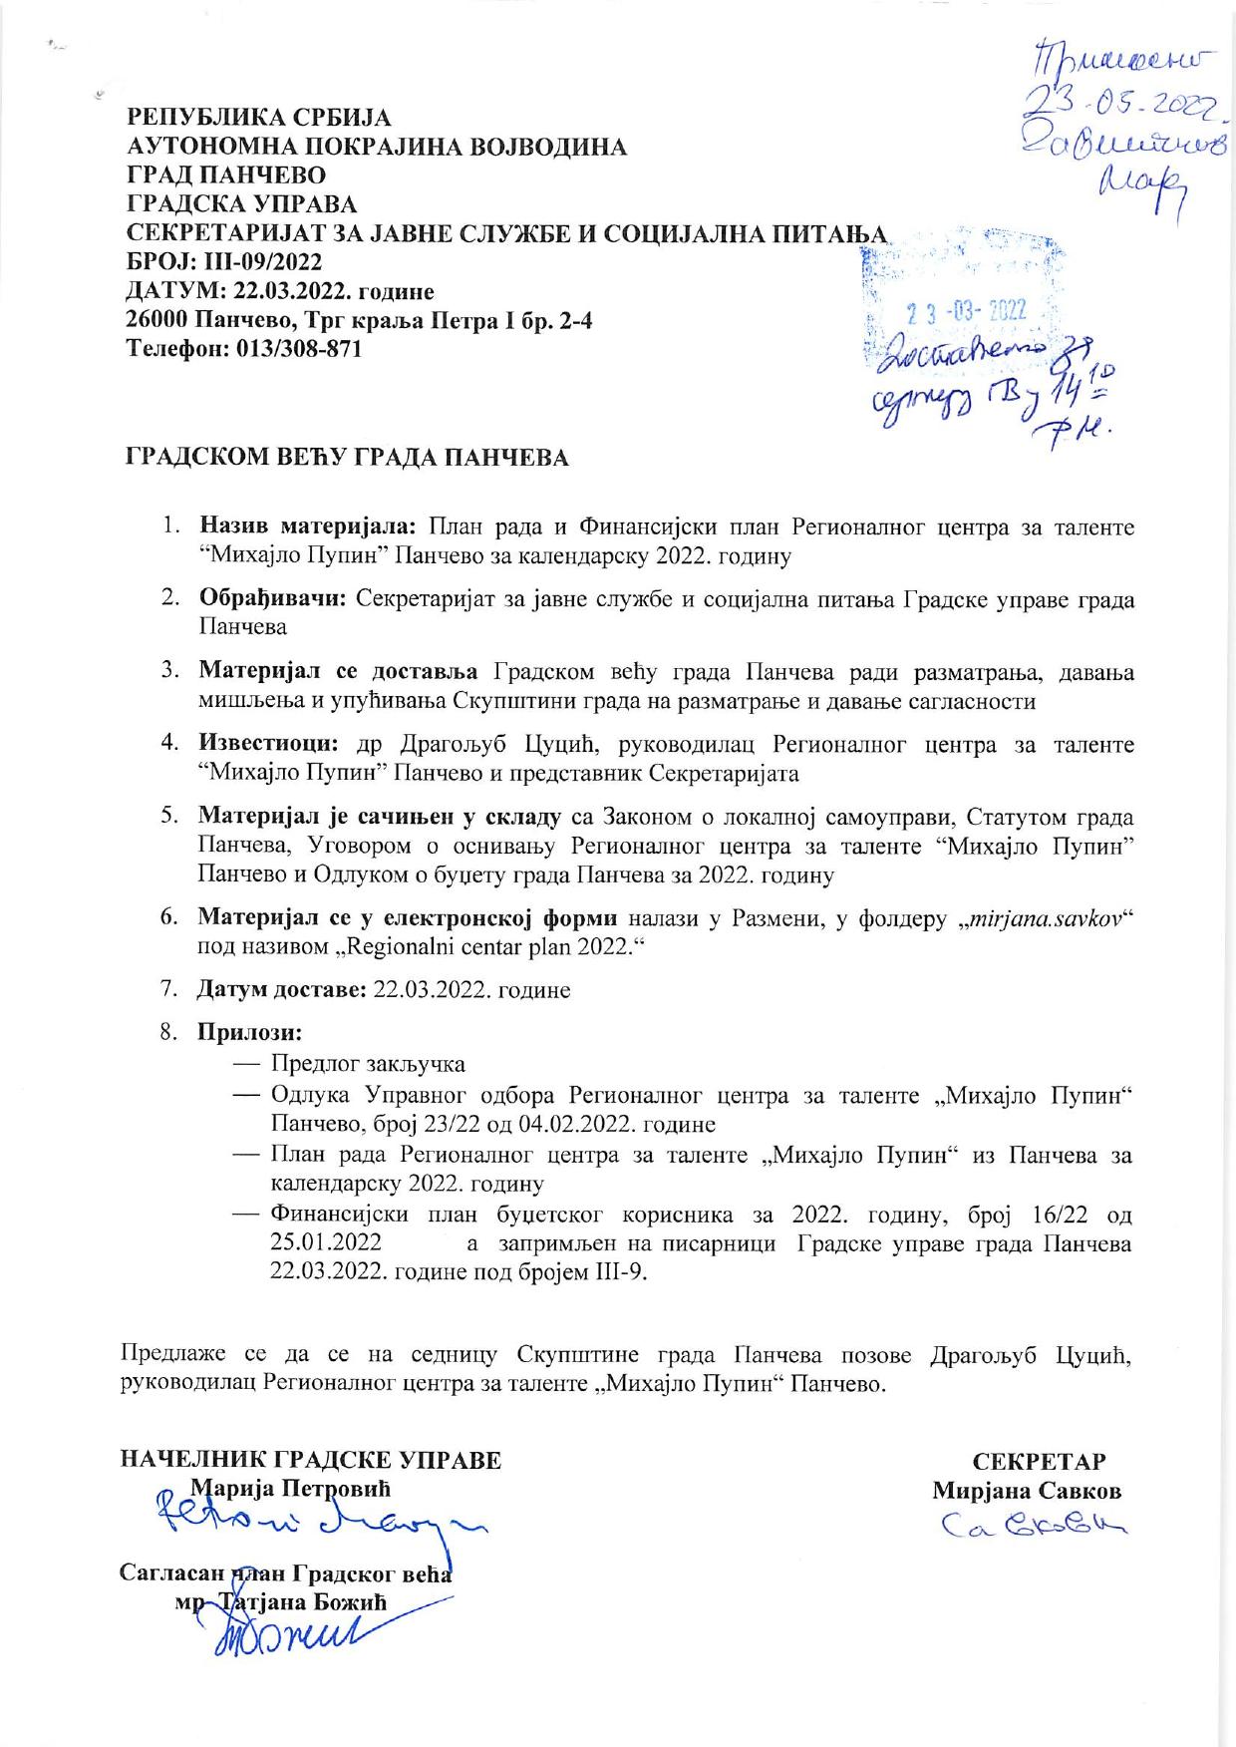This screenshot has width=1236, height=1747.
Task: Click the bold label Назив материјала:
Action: pyautogui.click(x=311, y=526)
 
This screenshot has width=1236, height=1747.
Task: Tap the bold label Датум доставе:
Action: pyautogui.click(x=281, y=991)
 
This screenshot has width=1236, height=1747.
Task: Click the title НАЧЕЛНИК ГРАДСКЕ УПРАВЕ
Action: pyautogui.click(x=310, y=1461)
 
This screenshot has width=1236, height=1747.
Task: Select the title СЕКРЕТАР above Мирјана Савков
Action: pyautogui.click(x=1039, y=1462)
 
